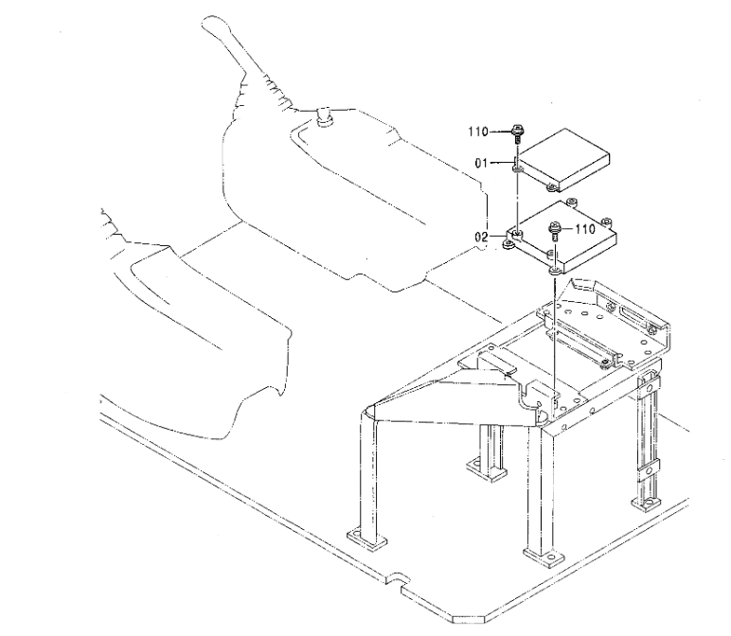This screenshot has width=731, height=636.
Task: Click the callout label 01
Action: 481,163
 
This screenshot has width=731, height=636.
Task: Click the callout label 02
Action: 481,237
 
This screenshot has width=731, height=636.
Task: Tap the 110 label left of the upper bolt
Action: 478,132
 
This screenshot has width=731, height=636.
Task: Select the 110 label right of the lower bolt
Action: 585,229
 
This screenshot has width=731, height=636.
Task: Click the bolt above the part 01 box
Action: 517,133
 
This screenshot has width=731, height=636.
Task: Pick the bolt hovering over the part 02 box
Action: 554,231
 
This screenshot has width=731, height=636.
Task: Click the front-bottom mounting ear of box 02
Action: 554,272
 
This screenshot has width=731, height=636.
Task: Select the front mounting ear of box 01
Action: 551,187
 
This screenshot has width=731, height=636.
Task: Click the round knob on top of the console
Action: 324,115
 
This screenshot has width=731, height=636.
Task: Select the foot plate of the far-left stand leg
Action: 366,540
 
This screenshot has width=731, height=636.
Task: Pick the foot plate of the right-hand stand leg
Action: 647,503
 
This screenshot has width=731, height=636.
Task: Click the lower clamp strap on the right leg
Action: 649,468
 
